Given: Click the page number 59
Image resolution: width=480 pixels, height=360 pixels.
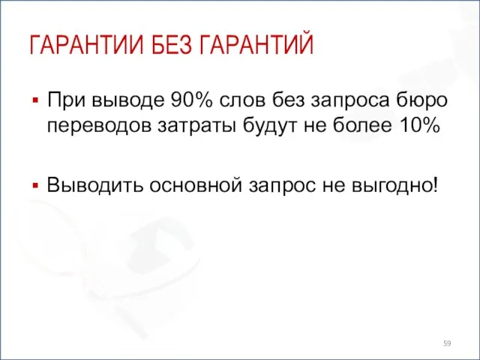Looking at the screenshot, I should (x=448, y=343).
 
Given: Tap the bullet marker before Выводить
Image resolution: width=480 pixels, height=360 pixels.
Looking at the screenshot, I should (x=34, y=184).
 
